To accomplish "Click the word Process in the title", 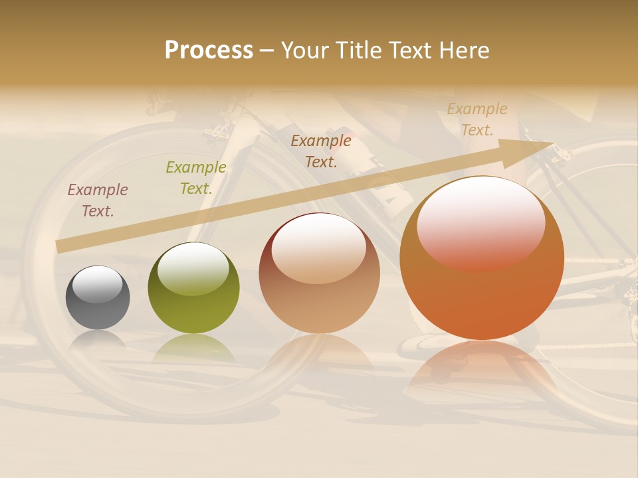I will click(x=209, y=50).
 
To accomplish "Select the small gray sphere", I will click(x=98, y=298).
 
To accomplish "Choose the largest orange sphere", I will click(x=482, y=259).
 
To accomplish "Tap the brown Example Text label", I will click(x=321, y=151).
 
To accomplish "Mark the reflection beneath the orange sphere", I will click(x=482, y=368).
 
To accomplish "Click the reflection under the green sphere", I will click(x=193, y=348).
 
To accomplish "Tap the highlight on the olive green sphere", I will click(x=193, y=268).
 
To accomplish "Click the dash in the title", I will click(x=267, y=50).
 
